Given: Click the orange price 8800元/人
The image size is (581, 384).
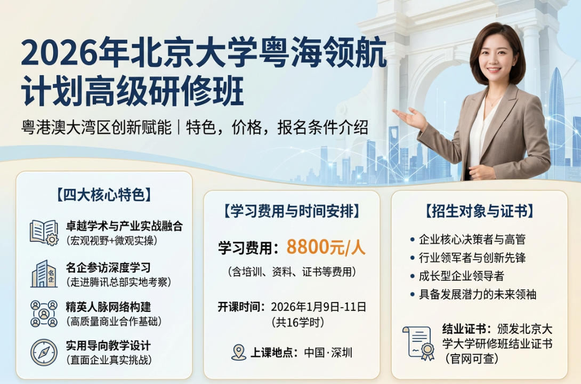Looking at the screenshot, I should [x=326, y=247].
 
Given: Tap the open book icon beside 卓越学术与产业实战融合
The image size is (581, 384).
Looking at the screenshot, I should [x=44, y=233].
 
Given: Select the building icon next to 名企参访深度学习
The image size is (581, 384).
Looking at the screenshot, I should [x=44, y=274].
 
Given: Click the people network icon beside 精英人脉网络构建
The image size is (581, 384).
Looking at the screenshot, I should [x=44, y=314].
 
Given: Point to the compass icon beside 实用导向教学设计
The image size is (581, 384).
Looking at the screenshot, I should [x=44, y=352].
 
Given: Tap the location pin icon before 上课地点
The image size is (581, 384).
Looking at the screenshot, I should [x=239, y=352].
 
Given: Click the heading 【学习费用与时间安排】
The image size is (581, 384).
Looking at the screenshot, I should [x=292, y=211].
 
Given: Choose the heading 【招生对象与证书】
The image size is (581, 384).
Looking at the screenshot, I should [x=479, y=211].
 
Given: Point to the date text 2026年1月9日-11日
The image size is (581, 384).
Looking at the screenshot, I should [x=319, y=307].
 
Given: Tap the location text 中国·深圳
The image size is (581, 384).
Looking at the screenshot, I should [x=328, y=353].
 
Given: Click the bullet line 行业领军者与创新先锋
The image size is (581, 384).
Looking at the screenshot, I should [x=472, y=258].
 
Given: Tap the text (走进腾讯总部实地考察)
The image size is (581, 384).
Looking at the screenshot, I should [x=118, y=281].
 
